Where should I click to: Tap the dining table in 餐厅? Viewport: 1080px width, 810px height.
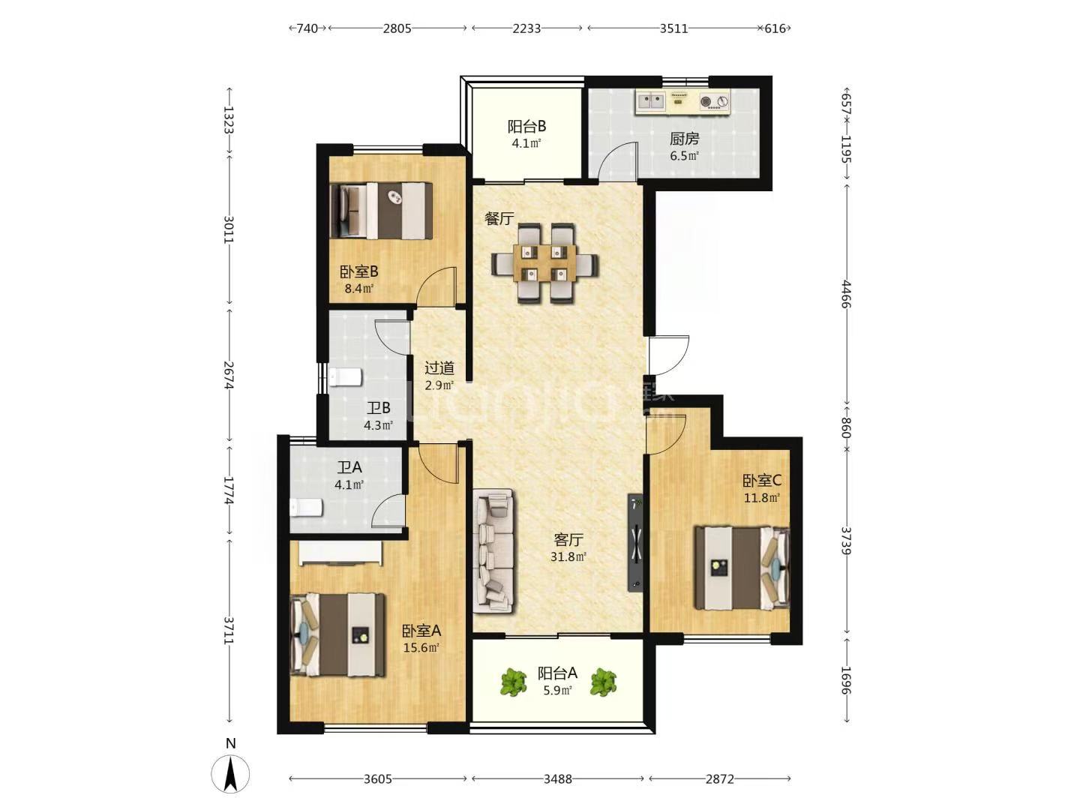(x=544, y=263)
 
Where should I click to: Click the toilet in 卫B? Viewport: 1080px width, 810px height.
(x=346, y=378)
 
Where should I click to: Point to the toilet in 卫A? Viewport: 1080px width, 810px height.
(x=305, y=508)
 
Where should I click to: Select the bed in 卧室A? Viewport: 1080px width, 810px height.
(x=337, y=635)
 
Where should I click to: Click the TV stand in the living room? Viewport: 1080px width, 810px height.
(x=634, y=542)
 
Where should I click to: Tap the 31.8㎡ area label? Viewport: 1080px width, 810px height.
(x=568, y=557)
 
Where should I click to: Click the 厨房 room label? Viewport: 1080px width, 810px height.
(x=684, y=139)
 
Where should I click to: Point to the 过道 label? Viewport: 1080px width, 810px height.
(x=439, y=367)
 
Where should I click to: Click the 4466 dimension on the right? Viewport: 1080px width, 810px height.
(x=846, y=294)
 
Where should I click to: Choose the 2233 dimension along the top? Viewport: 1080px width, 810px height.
(x=527, y=28)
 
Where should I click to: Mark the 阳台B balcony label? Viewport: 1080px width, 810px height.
(x=526, y=127)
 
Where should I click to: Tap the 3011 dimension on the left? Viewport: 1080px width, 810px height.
(x=229, y=229)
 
